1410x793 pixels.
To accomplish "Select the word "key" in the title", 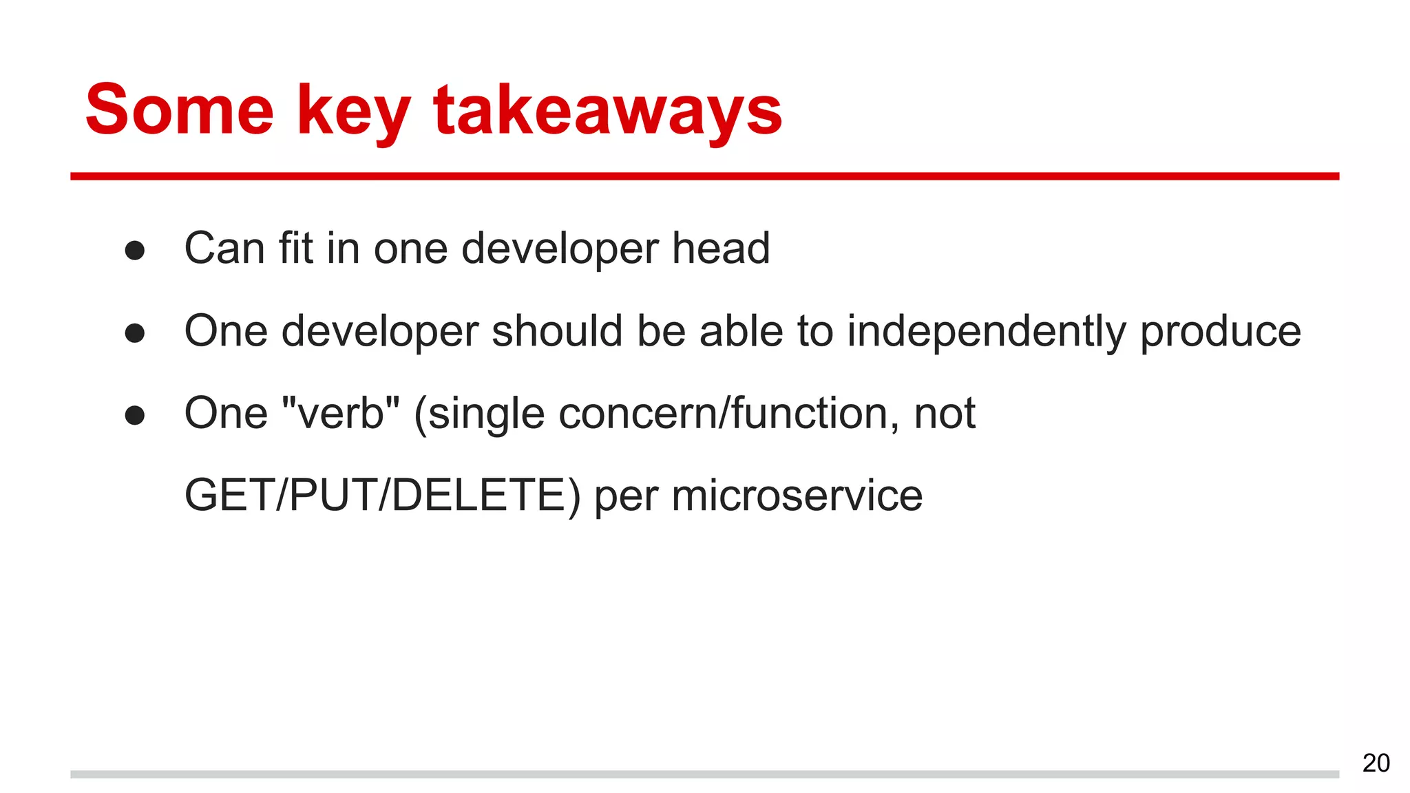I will (x=353, y=114).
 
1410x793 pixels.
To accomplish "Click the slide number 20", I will (x=1376, y=763).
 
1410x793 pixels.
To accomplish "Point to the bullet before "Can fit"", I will (x=135, y=250).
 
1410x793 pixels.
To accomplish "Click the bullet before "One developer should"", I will (x=135, y=333).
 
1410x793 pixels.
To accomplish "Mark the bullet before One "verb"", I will (x=135, y=415).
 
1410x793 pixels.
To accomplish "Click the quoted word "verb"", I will (x=341, y=413).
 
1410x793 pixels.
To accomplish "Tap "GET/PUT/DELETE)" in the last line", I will (x=383, y=496).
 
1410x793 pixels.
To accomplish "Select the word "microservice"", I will (x=797, y=496).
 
